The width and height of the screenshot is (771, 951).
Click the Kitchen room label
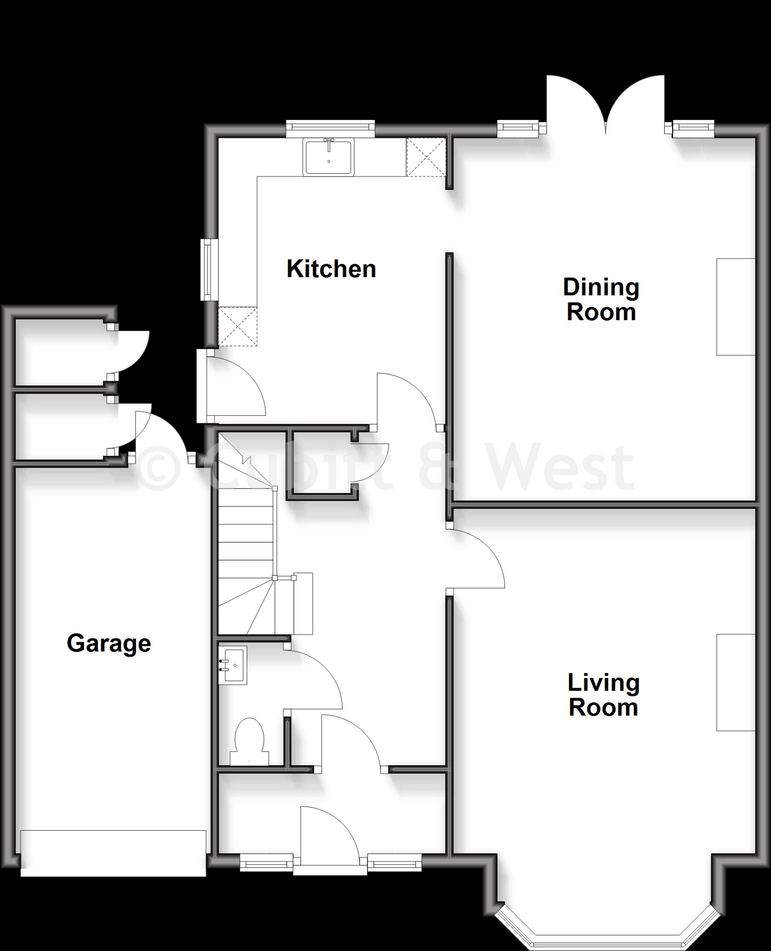click(x=331, y=269)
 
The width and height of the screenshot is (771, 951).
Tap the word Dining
click(x=601, y=288)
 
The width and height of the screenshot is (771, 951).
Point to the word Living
click(x=604, y=683)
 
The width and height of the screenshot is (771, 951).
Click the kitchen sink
click(x=328, y=157)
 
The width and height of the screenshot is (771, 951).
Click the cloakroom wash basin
click(x=233, y=665)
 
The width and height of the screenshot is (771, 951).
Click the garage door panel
click(x=113, y=853)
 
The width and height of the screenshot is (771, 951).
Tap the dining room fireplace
click(x=736, y=307)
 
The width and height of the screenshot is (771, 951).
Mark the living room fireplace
click(x=736, y=683)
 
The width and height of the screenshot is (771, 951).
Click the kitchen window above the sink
click(x=330, y=129)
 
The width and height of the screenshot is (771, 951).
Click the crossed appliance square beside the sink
click(x=426, y=157)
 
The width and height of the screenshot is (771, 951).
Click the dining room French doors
click(x=606, y=105)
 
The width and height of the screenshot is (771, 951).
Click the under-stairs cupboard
click(x=322, y=464)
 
